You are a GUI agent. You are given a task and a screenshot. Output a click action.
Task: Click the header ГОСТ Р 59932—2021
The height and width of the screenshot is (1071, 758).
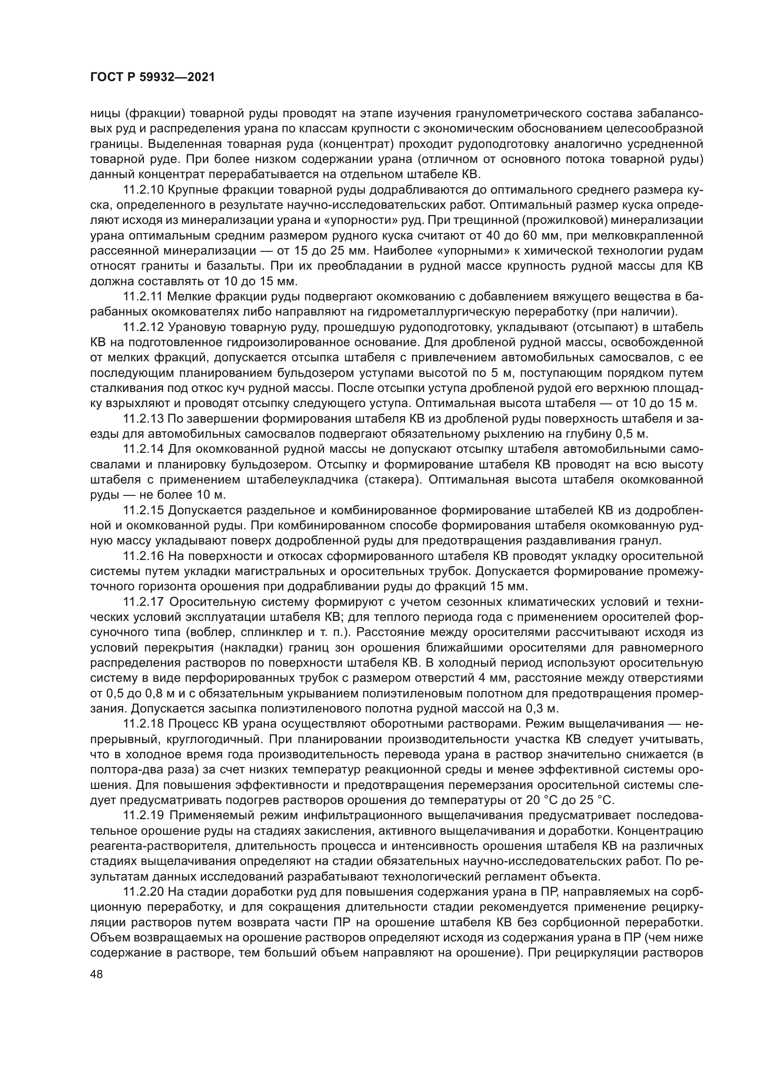(x=152, y=77)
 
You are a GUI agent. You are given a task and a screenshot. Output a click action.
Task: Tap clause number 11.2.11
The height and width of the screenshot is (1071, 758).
(x=142, y=297)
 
